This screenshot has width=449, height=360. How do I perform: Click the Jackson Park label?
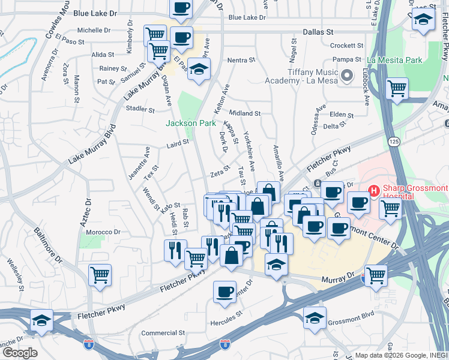(x=190, y=123)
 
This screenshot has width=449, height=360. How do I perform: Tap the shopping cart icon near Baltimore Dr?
(x=100, y=275)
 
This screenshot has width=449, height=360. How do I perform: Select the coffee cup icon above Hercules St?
(x=225, y=292)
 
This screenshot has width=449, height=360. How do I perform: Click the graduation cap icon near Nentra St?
(x=199, y=69)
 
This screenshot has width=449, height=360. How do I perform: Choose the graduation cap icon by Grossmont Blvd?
(x=315, y=319)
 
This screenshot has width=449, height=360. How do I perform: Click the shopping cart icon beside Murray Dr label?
(x=376, y=276)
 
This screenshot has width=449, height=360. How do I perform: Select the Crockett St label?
(x=343, y=45)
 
